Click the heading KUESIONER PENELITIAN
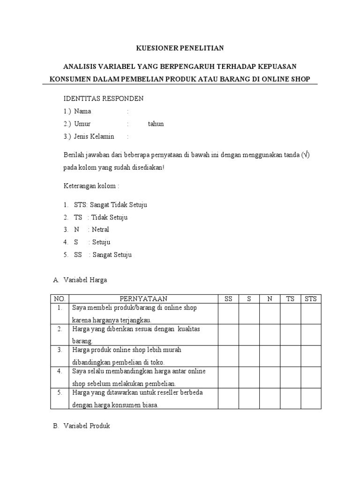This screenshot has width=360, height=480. pos(180,48)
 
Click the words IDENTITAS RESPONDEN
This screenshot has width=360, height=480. pos(103,99)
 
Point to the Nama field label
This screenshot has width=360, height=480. pos(82,112)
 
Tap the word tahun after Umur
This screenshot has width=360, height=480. pos(156,124)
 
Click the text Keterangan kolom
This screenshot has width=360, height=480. pos(91,186)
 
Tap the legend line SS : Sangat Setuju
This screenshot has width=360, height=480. pos(103,255)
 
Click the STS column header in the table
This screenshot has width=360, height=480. pos(311,299)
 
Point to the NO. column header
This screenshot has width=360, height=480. pos(60,299)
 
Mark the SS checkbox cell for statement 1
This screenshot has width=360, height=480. pos(228,314)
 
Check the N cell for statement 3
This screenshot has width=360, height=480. pos(270,356)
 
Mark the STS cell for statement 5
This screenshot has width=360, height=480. pos(311,398)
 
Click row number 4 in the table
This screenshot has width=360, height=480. pos(60,371)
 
